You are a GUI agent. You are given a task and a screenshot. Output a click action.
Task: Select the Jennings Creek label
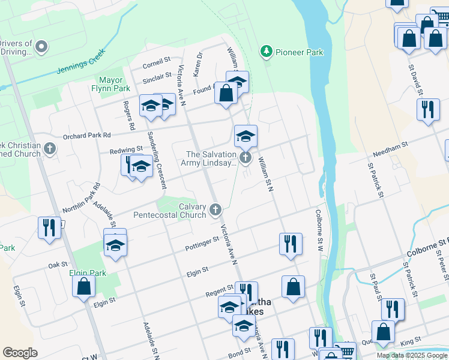pos(80,61)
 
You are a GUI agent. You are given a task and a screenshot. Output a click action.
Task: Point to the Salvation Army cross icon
pos(245,158)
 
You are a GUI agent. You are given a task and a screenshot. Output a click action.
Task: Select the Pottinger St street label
pos(202,241)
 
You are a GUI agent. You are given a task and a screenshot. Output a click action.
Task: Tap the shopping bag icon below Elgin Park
pos(83,286)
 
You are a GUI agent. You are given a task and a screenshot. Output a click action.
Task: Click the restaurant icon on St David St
pos(427,109)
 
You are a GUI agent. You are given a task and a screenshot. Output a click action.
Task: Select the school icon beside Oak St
pos(115,245)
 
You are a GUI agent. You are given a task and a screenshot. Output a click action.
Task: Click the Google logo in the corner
pos(20,353)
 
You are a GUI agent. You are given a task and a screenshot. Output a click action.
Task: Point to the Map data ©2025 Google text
pos(411,355)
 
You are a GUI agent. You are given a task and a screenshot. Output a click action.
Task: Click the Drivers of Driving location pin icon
pos(41,46)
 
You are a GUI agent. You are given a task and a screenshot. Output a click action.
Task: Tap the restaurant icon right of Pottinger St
pos(291,244)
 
